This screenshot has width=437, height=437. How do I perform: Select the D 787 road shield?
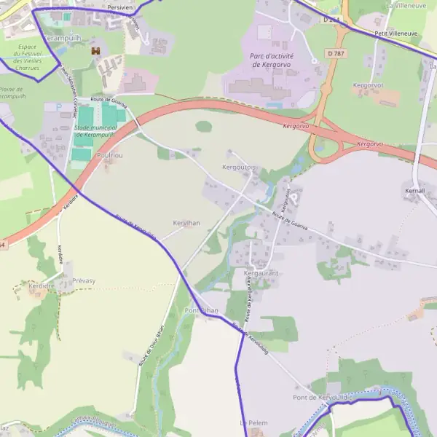tap(335, 53)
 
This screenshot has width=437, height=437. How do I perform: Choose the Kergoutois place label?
tap(239, 168)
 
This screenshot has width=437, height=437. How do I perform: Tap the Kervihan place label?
tap(186, 222)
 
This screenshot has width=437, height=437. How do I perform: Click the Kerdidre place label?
tap(42, 286)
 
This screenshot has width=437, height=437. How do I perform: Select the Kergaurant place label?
tap(261, 273)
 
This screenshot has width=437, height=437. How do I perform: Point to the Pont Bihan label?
tap(201, 310)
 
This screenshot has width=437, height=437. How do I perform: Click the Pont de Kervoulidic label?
tap(322, 397)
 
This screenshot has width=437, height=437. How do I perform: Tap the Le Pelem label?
tap(254, 422)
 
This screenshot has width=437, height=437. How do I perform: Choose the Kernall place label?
tap(414, 190)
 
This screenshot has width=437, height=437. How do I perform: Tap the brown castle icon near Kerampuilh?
tap(95, 51)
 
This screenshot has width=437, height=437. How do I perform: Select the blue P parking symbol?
tap(49, 107)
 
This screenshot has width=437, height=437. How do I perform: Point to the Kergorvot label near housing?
tap(368, 85)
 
